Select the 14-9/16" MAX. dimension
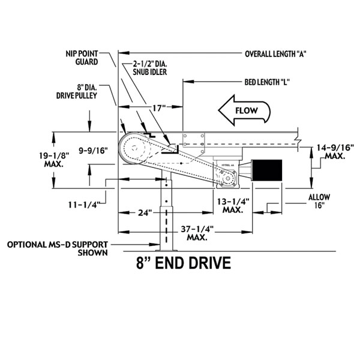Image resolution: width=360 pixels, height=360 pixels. [x=334, y=151]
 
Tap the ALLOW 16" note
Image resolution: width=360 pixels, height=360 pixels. [x=317, y=201]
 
